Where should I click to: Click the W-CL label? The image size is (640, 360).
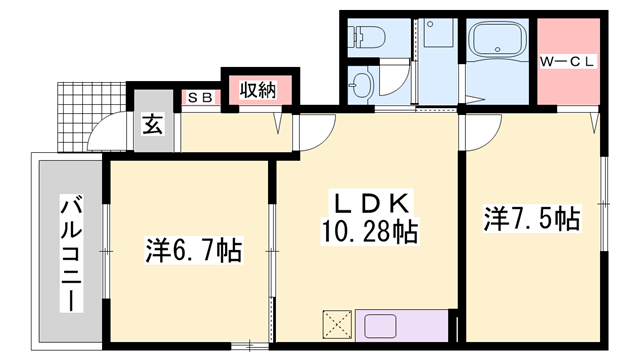569,62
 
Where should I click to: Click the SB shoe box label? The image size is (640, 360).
199,98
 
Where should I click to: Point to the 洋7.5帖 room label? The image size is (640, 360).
533,218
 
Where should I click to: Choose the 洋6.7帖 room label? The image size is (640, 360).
193,250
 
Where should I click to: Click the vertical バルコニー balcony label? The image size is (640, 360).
71,251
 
